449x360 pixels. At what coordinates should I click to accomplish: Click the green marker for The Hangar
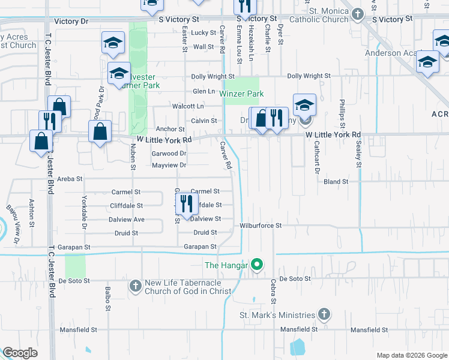click(258, 263)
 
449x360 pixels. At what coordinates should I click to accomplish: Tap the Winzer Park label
click(241, 94)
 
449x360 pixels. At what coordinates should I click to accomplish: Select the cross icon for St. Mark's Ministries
click(324, 314)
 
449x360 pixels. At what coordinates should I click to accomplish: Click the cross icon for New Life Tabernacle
click(135, 287)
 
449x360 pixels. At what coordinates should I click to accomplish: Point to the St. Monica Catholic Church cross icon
click(358, 13)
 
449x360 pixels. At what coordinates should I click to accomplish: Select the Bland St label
click(336, 181)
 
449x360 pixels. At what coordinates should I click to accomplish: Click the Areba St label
click(70, 179)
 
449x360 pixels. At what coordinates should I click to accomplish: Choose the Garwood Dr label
click(169, 154)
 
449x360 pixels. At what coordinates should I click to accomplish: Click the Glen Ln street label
click(203, 91)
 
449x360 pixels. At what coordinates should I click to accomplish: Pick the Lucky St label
click(204, 32)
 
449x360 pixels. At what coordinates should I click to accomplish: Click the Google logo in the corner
click(20, 353)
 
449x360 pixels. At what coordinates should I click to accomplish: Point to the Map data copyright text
click(411, 355)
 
